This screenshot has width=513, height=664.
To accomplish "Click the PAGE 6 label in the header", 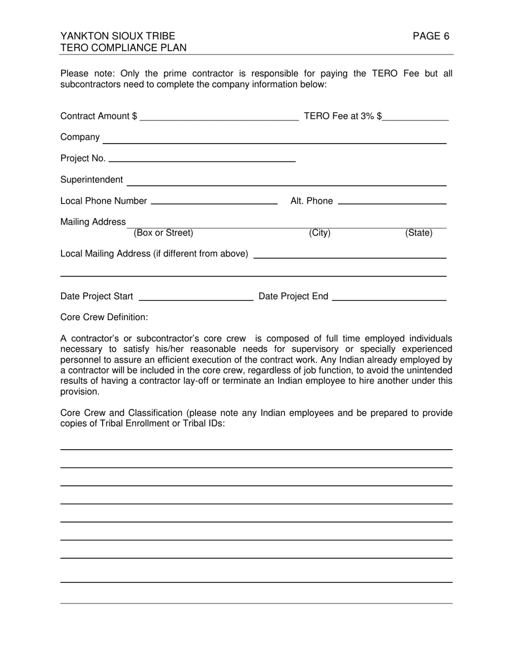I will click(430, 36).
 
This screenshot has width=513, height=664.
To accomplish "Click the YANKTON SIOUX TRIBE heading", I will click(118, 36).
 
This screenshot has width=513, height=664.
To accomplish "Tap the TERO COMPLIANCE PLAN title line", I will click(124, 48).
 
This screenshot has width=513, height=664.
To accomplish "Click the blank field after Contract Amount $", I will click(219, 117).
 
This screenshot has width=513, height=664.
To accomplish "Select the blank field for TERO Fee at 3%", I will click(416, 117).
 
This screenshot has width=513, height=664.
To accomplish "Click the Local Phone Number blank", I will click(214, 201).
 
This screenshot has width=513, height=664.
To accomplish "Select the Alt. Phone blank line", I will click(391, 201).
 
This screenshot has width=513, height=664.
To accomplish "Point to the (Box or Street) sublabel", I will click(163, 233).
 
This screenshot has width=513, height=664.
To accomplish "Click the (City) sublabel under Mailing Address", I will click(319, 233).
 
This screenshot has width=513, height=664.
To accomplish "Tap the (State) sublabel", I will click(418, 233).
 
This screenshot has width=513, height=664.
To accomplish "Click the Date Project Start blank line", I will click(196, 296).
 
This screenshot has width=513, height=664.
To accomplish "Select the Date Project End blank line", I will click(389, 296).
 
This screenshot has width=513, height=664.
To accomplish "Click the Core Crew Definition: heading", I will click(104, 317).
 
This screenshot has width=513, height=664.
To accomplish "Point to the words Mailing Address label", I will click(93, 222).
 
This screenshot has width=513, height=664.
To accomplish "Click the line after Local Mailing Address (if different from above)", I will click(349, 255).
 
